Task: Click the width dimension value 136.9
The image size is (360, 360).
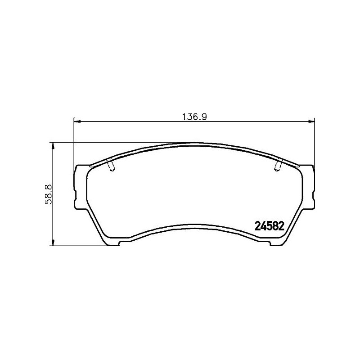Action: point(193,116)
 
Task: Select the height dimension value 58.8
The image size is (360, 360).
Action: point(48,194)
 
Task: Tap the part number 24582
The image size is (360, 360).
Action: point(269,226)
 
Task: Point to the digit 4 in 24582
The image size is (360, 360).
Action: point(262,226)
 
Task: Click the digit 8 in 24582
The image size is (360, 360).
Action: point(275,226)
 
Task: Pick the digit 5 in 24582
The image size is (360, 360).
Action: point(269,226)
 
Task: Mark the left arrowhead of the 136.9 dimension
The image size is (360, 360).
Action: point(76,121)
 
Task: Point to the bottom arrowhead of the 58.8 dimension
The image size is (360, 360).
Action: point(53,243)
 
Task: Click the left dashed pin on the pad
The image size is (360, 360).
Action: point(111,166)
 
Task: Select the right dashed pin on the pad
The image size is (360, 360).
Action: point(278,166)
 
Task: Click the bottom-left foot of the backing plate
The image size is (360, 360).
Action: point(113,244)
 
